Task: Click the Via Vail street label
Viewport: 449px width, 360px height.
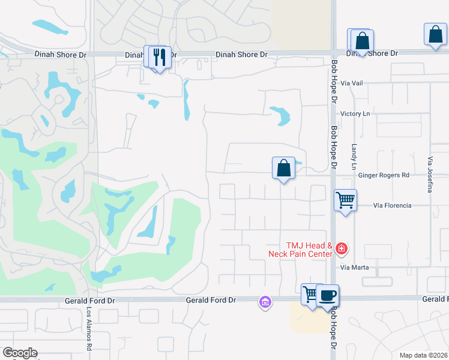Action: click(x=351, y=83)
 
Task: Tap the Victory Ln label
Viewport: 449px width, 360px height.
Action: click(x=355, y=114)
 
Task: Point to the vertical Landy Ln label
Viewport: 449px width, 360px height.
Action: click(x=354, y=156)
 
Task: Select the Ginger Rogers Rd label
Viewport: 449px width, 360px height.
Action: click(x=383, y=175)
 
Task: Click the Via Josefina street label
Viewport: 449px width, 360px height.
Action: click(x=430, y=175)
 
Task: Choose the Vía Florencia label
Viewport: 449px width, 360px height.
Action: click(x=392, y=205)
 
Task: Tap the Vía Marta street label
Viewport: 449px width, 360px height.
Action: click(x=354, y=267)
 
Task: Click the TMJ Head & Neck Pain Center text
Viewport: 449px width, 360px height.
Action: click(x=309, y=250)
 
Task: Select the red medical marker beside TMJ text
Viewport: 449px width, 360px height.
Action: click(x=341, y=248)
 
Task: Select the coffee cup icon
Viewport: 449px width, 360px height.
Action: click(x=328, y=295)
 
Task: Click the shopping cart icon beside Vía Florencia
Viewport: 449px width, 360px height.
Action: click(x=345, y=200)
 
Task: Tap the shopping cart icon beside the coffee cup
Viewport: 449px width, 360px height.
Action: click(x=310, y=295)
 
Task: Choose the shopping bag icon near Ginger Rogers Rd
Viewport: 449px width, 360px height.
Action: click(x=284, y=168)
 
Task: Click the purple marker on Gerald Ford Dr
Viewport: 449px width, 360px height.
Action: click(x=265, y=302)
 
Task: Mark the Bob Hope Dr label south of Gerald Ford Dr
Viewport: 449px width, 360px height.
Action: click(x=333, y=330)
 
